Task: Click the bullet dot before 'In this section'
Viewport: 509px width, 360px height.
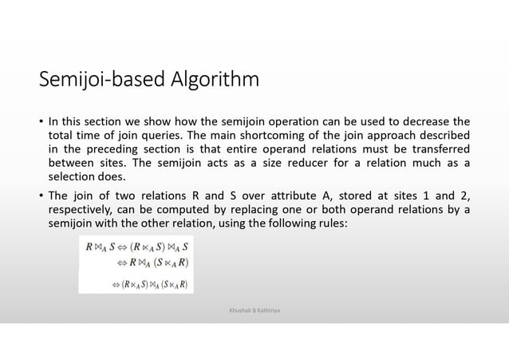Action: click(41, 121)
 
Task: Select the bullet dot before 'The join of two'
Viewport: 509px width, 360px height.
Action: click(41, 196)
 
